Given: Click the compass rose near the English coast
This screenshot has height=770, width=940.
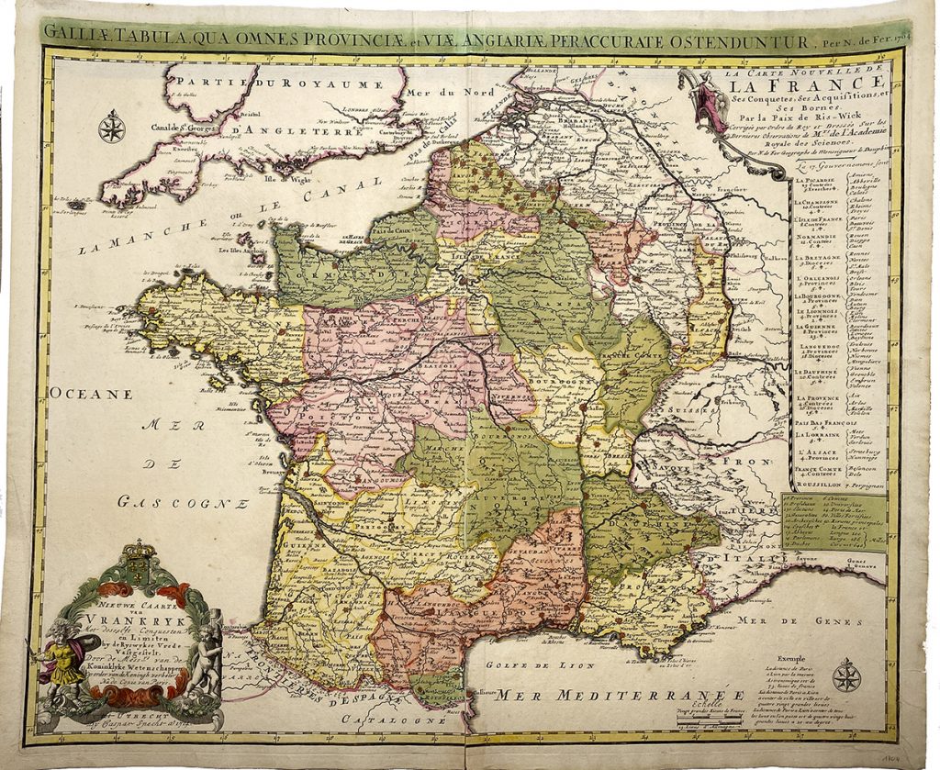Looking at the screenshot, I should (112, 127).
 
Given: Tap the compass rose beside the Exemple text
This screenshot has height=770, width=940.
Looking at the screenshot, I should (846, 676).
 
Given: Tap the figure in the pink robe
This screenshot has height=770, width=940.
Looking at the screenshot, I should (706, 99).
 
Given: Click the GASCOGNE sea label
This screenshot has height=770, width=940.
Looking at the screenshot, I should (184, 502).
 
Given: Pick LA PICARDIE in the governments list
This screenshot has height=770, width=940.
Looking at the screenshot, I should (815, 182).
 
